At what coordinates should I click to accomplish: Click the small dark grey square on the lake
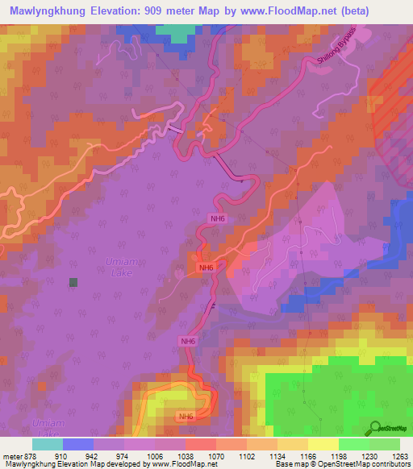click(x=73, y=282)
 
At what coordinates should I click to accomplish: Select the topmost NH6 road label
click(x=217, y=218)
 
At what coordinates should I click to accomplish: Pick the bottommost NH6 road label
click(x=186, y=417)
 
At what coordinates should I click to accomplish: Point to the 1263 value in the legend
click(x=400, y=454)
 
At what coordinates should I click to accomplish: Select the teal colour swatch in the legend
click(x=47, y=444)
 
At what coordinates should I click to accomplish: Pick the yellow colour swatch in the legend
click(x=323, y=444)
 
